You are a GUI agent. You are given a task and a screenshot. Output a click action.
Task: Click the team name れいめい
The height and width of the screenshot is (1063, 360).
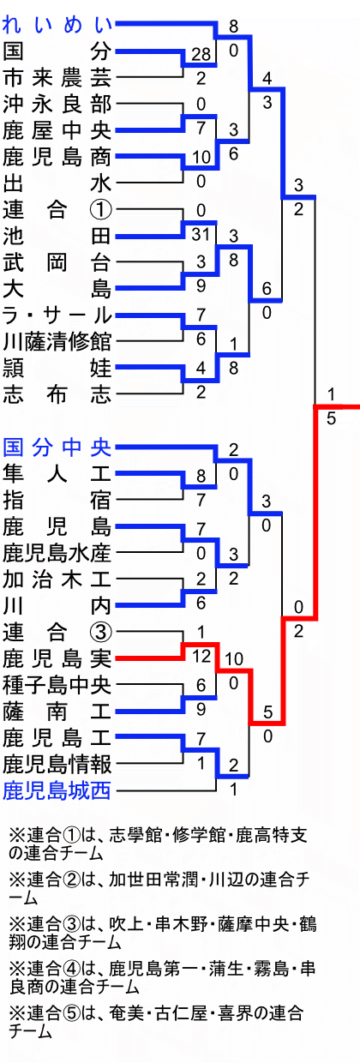pyautogui.click(x=57, y=25)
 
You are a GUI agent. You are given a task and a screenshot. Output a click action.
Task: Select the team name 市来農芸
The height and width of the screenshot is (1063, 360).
pyautogui.click(x=57, y=77)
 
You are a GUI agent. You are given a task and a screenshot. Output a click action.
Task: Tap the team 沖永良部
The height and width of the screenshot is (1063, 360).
pyautogui.click(x=57, y=104)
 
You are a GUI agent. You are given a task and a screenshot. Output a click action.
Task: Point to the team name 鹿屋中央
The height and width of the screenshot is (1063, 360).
pyautogui.click(x=57, y=130)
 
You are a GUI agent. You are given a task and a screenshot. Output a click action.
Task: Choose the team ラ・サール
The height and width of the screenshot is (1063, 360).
pyautogui.click(x=57, y=315)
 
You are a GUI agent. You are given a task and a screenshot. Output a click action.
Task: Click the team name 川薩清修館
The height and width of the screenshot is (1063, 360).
pyautogui.click(x=57, y=341)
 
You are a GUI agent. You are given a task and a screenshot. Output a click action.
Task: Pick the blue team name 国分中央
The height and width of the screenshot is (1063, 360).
pyautogui.click(x=57, y=447)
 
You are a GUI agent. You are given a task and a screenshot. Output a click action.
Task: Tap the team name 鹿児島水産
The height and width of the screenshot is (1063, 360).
pyautogui.click(x=57, y=553)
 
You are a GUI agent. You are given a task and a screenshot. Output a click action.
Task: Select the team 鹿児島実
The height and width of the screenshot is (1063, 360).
pyautogui.click(x=57, y=658)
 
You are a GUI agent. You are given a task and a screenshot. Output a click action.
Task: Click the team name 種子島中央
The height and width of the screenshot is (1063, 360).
pyautogui.click(x=57, y=685)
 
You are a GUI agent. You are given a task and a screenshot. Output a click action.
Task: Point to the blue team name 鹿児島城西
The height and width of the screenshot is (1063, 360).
pyautogui.click(x=57, y=790)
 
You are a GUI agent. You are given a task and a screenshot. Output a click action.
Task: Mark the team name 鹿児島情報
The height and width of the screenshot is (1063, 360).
pyautogui.click(x=57, y=764)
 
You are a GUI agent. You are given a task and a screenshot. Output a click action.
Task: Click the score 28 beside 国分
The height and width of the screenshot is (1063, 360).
pyautogui.click(x=201, y=54)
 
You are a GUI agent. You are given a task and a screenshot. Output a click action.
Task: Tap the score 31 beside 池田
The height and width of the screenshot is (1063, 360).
pyautogui.click(x=201, y=233)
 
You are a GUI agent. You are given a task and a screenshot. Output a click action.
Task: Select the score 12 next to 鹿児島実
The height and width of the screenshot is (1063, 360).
pyautogui.click(x=201, y=656)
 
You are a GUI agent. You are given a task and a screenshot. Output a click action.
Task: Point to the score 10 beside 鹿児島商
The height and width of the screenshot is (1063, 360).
pyautogui.click(x=201, y=157)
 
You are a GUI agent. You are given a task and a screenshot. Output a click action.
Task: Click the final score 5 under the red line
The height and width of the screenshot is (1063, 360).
pyautogui.click(x=331, y=418)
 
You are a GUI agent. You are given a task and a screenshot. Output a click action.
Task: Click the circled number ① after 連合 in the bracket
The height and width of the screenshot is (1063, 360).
pyautogui.click(x=101, y=210)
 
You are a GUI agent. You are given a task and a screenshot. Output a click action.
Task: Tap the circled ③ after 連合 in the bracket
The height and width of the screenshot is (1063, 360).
pyautogui.click(x=101, y=632)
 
